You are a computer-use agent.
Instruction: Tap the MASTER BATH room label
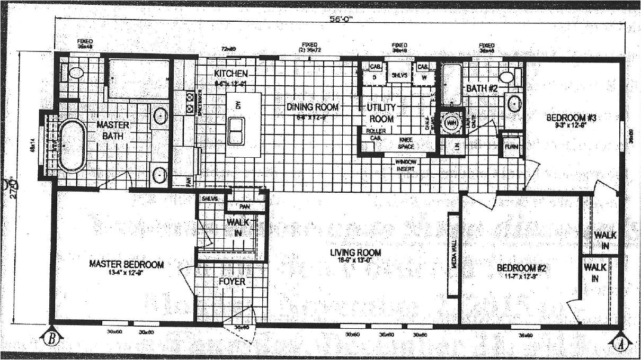click(x=113, y=130)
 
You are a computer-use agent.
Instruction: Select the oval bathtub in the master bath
click(x=72, y=146)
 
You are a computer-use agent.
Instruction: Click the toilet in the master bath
click(x=76, y=73)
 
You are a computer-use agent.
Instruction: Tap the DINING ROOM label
click(x=312, y=107)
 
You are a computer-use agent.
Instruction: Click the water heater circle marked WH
click(x=451, y=123)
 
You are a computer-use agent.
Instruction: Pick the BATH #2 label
click(x=482, y=88)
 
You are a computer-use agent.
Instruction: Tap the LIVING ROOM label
click(x=355, y=253)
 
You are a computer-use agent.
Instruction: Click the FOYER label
click(x=232, y=282)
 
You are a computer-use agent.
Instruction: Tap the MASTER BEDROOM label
click(x=126, y=264)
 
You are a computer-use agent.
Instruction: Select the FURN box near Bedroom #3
click(x=511, y=147)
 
